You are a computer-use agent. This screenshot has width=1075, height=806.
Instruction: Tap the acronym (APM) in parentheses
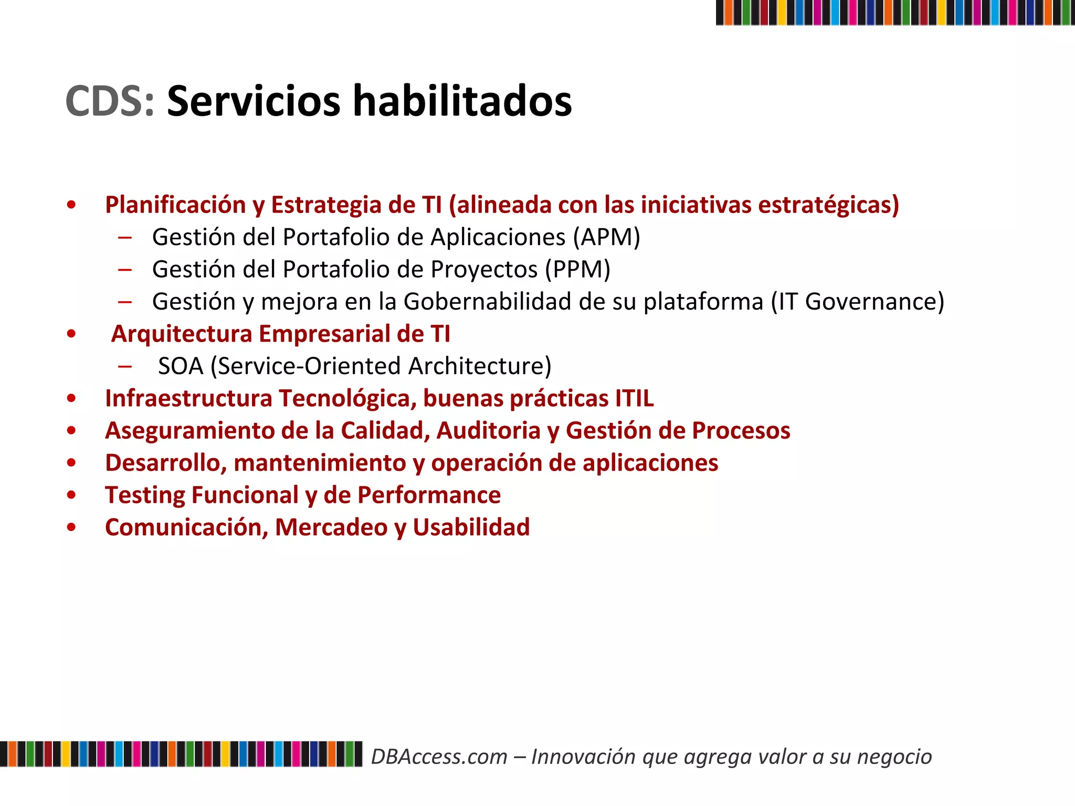tap(606, 237)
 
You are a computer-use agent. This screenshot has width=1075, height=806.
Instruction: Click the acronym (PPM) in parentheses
tap(577, 270)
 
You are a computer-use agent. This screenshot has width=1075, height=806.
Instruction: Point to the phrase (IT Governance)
tap(857, 302)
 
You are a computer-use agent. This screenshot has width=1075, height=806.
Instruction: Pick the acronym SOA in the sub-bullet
tap(181, 366)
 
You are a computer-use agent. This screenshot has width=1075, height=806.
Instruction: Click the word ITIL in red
tap(634, 398)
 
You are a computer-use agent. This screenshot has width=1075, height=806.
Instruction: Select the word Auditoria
tap(488, 431)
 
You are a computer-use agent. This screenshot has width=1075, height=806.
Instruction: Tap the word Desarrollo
tap(165, 463)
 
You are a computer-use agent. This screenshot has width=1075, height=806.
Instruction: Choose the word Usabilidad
tap(471, 527)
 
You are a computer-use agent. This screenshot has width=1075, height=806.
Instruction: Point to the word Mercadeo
tap(331, 527)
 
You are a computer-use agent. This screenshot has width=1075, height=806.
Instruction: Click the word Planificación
tap(175, 205)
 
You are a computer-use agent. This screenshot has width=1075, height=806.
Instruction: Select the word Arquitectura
tap(182, 334)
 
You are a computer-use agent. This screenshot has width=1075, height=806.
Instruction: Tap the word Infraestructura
tap(188, 398)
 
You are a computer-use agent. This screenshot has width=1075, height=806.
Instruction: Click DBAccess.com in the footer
tap(439, 757)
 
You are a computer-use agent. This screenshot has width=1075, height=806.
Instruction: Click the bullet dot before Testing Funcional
tap(71, 495)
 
